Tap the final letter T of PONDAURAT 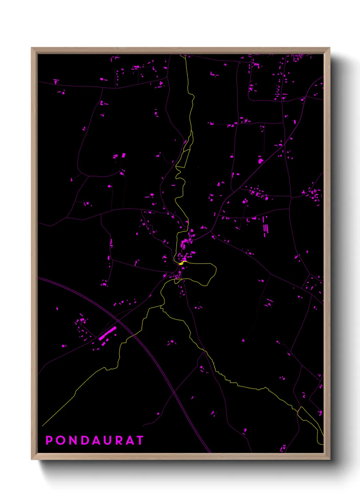point(140,440)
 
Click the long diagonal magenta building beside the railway point(108,333)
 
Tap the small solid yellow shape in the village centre point(181,263)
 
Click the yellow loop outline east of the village point(216,271)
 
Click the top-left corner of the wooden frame point(32,48)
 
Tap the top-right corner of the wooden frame point(329,48)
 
